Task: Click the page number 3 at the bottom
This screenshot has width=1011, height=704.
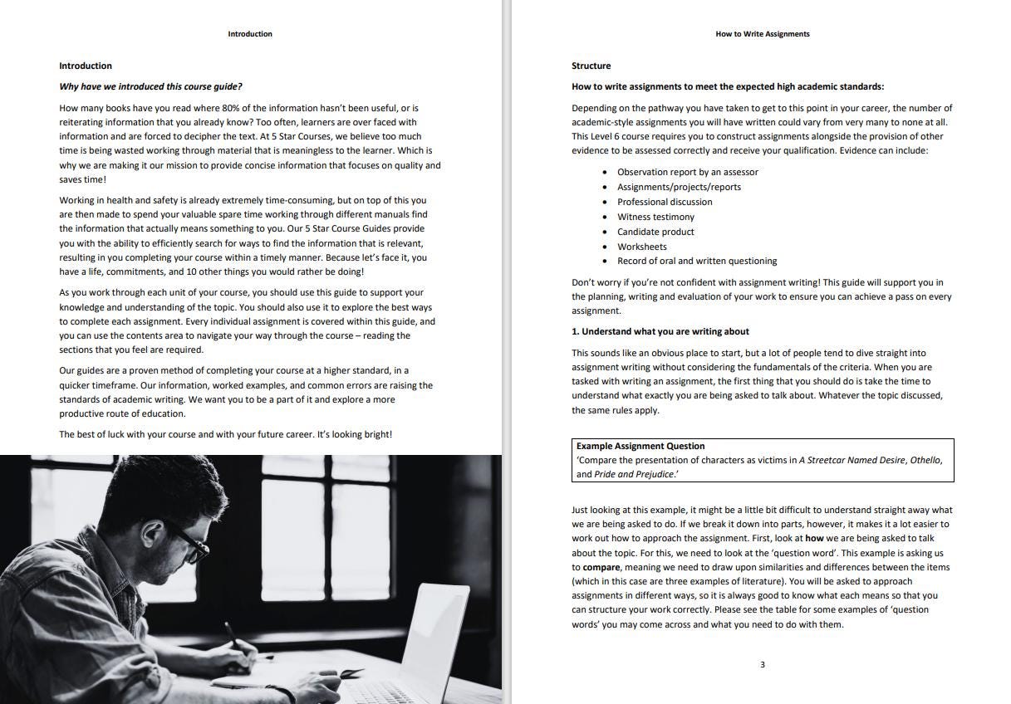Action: tap(762, 664)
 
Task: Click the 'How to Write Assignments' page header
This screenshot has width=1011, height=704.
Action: tap(762, 34)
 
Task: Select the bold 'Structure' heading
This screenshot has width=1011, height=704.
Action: tap(591, 66)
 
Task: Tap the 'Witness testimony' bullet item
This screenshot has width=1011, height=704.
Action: tap(655, 217)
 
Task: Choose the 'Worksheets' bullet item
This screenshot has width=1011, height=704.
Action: tap(641, 247)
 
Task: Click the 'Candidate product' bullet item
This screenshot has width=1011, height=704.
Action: tap(655, 232)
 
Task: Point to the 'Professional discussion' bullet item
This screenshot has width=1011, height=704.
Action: tap(665, 202)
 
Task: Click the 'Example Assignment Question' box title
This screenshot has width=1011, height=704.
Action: tap(640, 446)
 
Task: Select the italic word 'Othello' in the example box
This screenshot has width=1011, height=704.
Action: tap(925, 460)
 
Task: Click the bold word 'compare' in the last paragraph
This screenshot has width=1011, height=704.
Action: tap(601, 567)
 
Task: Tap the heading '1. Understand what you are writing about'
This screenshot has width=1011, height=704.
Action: tap(660, 331)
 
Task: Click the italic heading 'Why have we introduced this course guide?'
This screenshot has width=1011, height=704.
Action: tap(150, 86)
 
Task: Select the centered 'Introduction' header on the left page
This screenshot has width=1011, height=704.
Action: tap(250, 34)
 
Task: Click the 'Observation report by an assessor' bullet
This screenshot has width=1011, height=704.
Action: tap(687, 172)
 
